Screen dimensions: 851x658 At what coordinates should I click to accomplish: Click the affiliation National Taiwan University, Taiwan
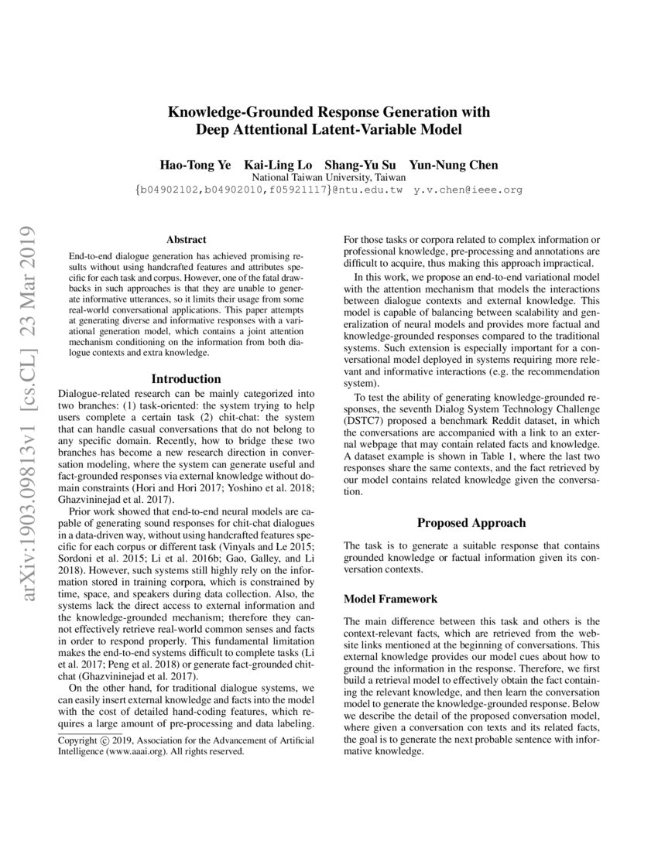(329, 177)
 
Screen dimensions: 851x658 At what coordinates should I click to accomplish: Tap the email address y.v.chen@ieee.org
(468, 189)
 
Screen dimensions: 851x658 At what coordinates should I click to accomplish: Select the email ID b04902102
(170, 189)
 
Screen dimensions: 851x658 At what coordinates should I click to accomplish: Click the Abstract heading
(186, 241)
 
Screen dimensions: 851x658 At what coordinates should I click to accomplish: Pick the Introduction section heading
(186, 379)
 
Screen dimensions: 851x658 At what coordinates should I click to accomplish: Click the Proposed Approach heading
(471, 523)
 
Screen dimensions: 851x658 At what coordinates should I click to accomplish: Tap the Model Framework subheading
(390, 599)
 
